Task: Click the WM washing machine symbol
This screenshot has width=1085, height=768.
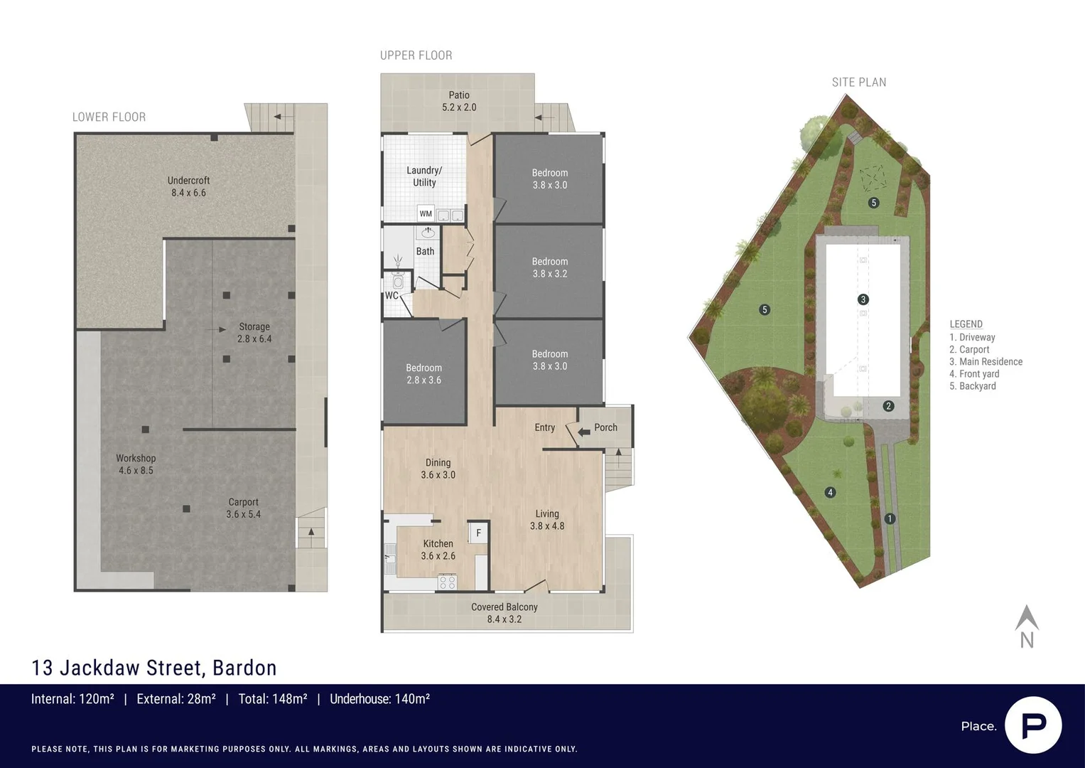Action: coord(426,213)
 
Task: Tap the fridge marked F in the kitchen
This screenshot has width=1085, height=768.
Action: coord(478,533)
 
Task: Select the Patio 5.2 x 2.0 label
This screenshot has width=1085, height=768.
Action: coord(459,101)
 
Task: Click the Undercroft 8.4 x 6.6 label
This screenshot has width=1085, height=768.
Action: coord(188,186)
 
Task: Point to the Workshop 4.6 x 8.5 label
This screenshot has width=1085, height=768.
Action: coord(136,464)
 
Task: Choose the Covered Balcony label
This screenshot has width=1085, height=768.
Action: coord(504,613)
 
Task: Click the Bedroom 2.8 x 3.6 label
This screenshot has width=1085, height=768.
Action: coord(423,374)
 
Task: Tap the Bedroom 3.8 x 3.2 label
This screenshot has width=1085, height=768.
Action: coord(549,267)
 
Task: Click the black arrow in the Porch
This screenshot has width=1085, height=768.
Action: coord(583,432)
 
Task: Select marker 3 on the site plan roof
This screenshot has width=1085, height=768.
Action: coord(863,299)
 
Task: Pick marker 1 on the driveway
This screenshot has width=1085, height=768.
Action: coord(890,518)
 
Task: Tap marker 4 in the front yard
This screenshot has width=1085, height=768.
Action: coord(830,492)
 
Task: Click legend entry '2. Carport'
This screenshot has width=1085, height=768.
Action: coord(969,350)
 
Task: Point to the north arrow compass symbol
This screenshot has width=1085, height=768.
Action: coord(1027,626)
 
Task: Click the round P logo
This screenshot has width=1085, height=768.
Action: coord(1033,725)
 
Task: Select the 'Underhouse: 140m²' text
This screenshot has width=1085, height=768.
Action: coord(379,699)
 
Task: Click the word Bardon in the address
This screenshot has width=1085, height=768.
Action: coord(244,668)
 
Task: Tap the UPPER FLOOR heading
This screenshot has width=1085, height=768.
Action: coord(416,55)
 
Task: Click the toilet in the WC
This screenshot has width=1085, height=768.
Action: coord(397,282)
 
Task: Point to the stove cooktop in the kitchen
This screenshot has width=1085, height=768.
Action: coord(447,582)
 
